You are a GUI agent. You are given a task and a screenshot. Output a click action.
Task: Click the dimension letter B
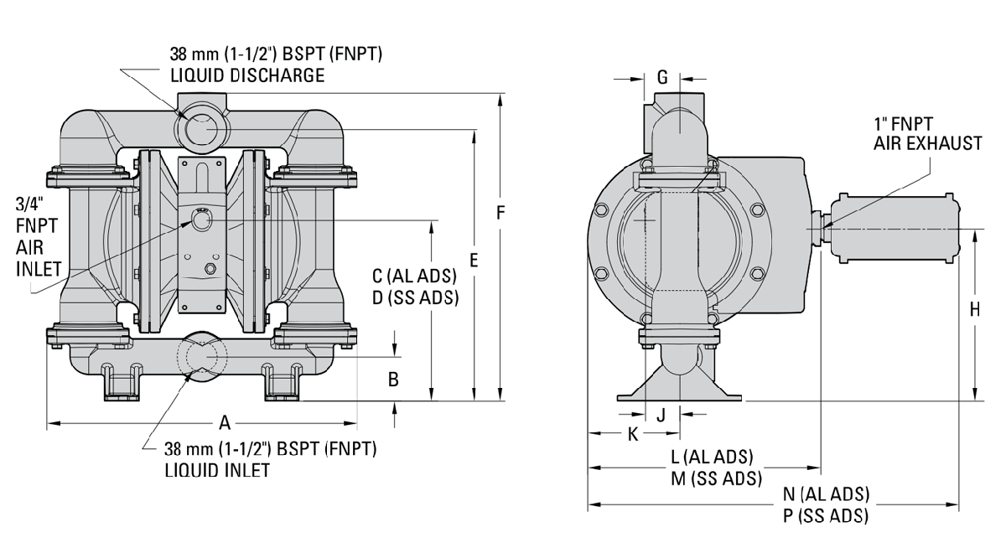[x=392, y=379]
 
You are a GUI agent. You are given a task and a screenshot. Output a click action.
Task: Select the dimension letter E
[x=474, y=261]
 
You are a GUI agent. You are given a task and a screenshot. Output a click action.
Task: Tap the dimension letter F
[x=500, y=213]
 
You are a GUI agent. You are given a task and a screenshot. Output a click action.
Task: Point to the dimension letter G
[x=662, y=78]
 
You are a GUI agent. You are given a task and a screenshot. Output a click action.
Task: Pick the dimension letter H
[x=974, y=309]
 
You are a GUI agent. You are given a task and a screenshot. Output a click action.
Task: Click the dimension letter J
[x=661, y=414]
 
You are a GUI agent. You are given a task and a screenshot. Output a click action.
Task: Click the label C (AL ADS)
[x=415, y=276]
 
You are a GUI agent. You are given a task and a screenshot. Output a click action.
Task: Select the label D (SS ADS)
[x=416, y=298]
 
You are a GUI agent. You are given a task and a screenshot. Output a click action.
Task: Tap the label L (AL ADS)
[x=712, y=457]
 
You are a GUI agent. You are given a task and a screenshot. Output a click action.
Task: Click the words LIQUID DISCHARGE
[x=246, y=75]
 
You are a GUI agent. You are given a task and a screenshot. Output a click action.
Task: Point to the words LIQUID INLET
[x=217, y=469]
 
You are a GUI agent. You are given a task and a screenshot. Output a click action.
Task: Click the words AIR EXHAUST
[x=926, y=144]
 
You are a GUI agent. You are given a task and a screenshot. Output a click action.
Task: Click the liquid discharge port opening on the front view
[x=201, y=130]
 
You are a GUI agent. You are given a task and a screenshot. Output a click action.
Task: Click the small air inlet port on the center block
[x=201, y=220]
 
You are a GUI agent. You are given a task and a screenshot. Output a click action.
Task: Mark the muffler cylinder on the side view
[x=892, y=228]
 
